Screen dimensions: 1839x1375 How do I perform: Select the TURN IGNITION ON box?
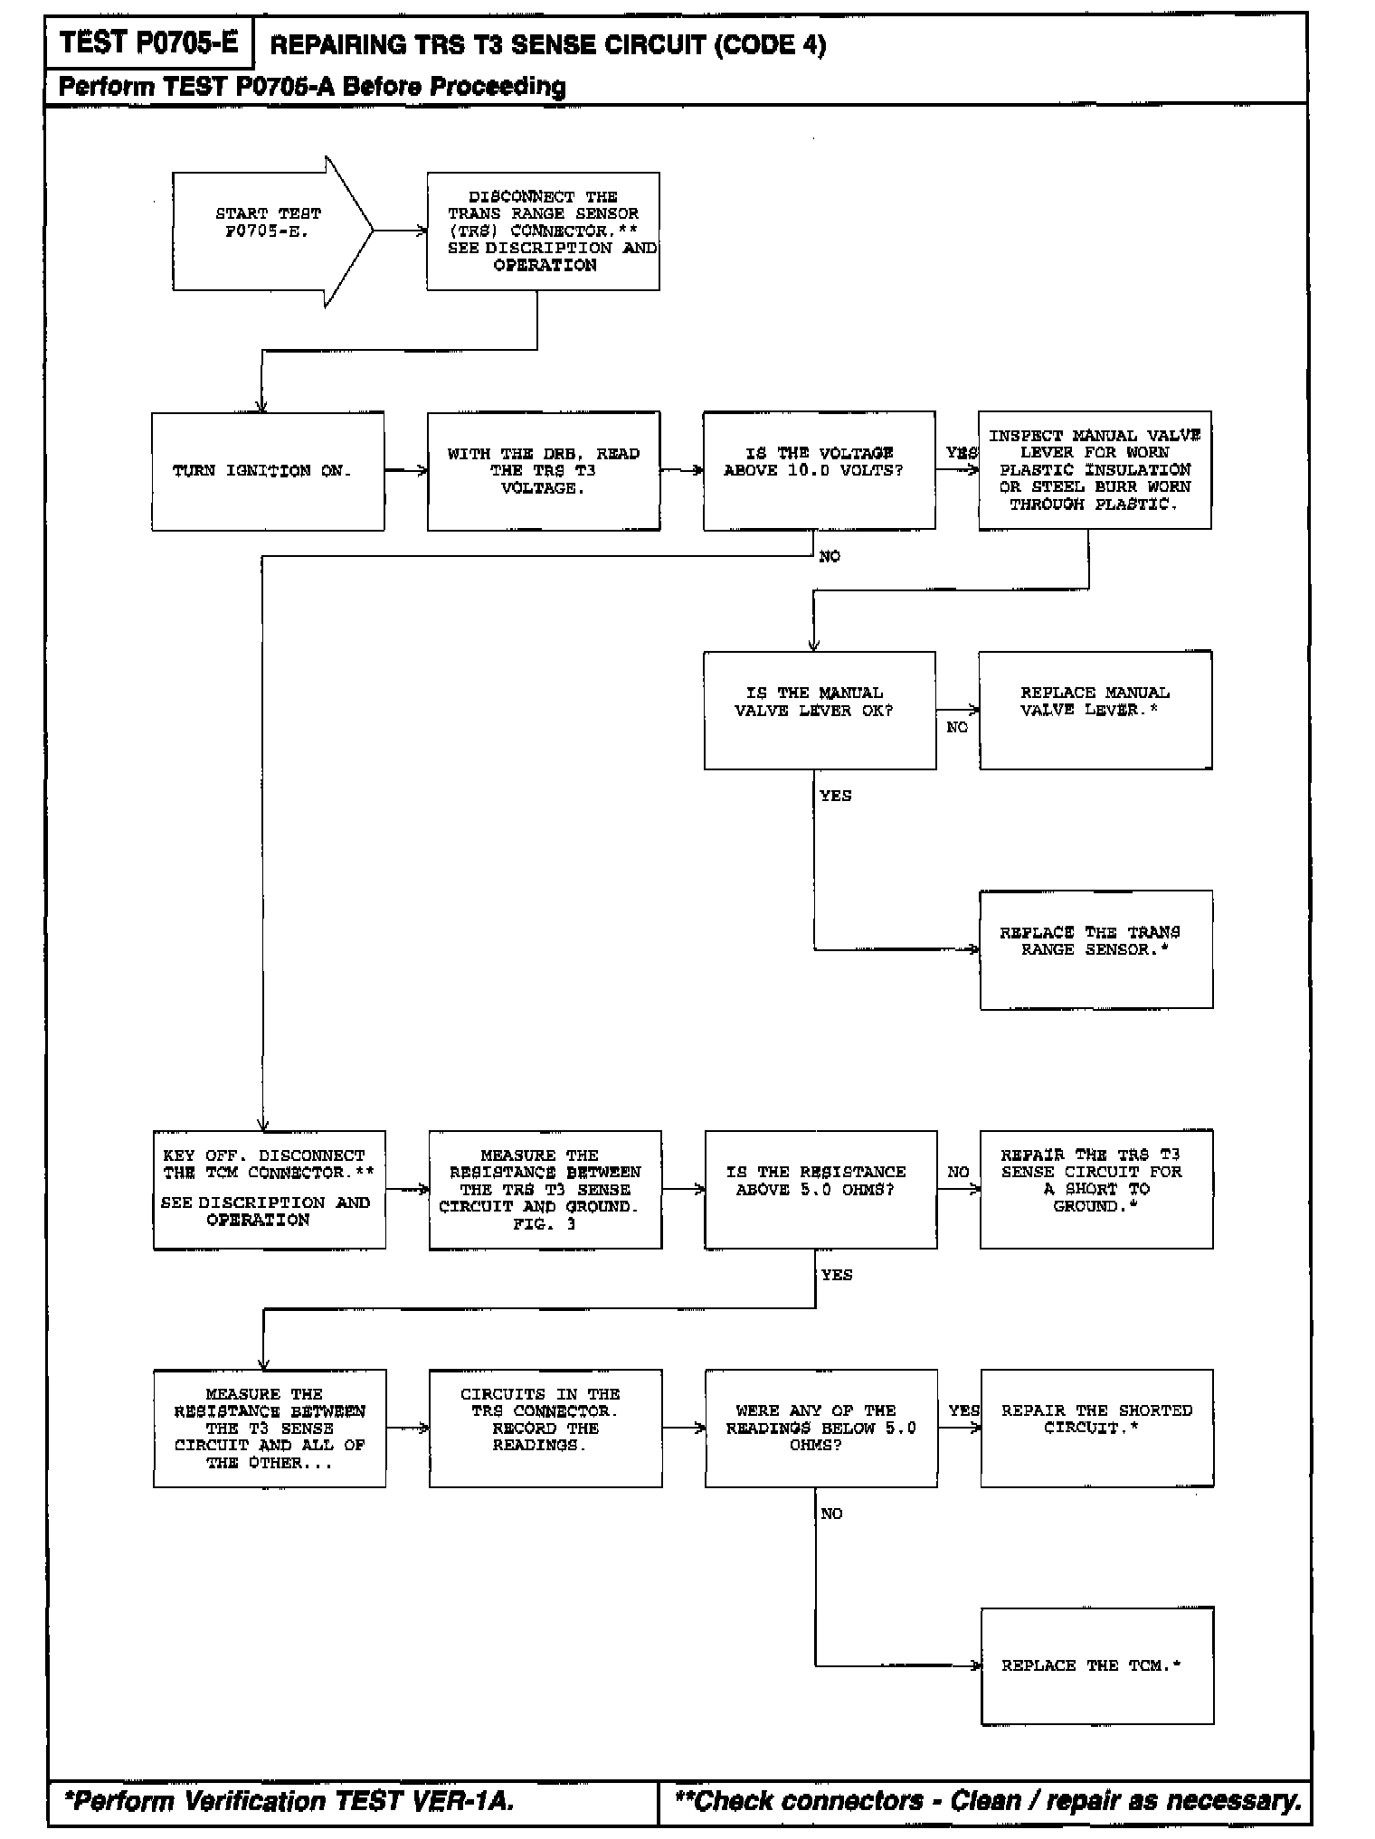tap(268, 471)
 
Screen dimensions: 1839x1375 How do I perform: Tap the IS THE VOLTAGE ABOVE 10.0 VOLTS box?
tap(819, 471)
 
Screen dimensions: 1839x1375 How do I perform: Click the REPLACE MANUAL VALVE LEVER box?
tap(1095, 710)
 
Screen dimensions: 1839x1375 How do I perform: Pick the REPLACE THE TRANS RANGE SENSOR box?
tap(1095, 949)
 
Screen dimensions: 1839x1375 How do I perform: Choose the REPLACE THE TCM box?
tap(1096, 1665)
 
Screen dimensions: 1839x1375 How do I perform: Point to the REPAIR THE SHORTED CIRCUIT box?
tap(1096, 1428)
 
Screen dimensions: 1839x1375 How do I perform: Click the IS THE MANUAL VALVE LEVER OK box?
tap(820, 710)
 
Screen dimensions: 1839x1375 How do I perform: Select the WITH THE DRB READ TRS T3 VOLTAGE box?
tap(544, 471)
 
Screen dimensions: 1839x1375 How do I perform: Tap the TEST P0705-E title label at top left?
tap(149, 42)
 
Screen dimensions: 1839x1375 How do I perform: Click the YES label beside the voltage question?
tap(962, 453)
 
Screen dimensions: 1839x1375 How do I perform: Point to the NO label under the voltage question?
tap(830, 557)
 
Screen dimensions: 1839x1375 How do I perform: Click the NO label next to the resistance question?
tap(958, 1173)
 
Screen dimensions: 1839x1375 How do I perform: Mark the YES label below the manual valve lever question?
tap(836, 797)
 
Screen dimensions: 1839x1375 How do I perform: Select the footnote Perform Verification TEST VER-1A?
tap(289, 1801)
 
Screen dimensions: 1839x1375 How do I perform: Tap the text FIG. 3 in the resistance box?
tap(545, 1224)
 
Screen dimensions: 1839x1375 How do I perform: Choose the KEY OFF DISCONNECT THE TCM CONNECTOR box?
tap(269, 1189)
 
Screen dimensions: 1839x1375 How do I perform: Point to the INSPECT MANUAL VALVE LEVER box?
tap(1095, 470)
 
